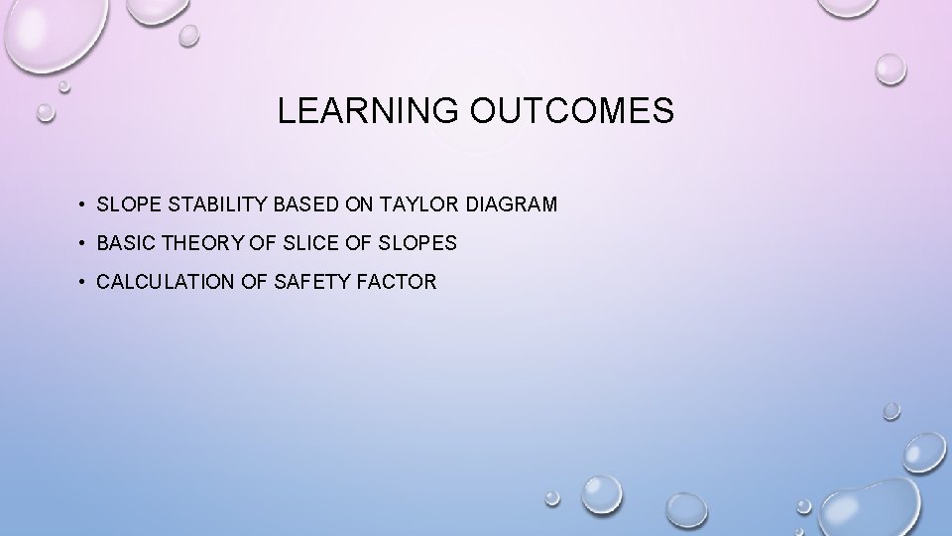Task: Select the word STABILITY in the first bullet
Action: pos(201,204)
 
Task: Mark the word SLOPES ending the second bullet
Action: pos(417,243)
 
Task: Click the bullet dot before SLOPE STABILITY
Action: pos(80,205)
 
